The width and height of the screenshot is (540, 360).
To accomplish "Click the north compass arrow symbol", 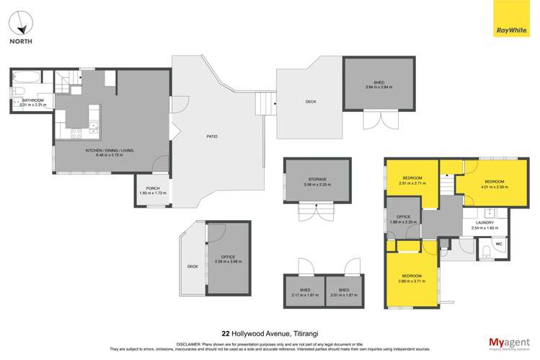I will pyautogui.click(x=23, y=24).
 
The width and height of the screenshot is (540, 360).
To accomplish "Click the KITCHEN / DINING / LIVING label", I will pyautogui.click(x=110, y=150).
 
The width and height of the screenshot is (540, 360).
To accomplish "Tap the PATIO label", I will pyautogui.click(x=212, y=136).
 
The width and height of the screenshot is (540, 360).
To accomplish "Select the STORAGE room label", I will pyautogui.click(x=317, y=179).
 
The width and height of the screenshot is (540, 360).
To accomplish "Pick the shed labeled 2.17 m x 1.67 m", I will pyautogui.click(x=303, y=294).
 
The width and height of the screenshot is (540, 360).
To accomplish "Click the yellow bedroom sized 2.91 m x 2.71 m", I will pyautogui.click(x=405, y=181).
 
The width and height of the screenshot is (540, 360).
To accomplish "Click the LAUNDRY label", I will pyautogui.click(x=483, y=223).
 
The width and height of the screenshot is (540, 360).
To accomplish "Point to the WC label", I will pyautogui.click(x=497, y=245).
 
